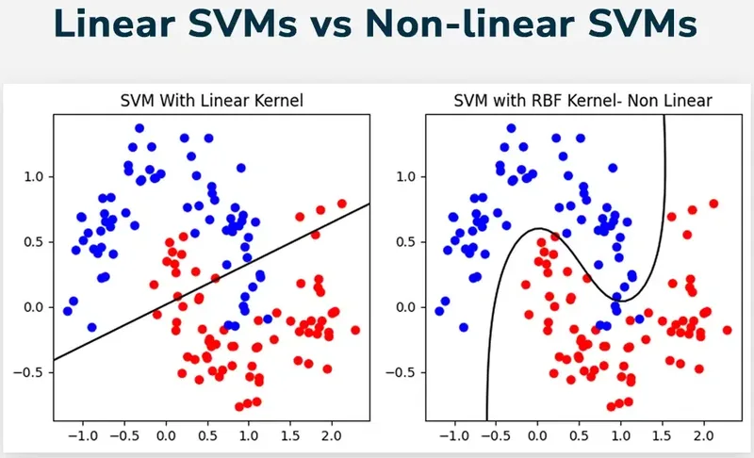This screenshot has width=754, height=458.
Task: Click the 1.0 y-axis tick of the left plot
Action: [34, 176]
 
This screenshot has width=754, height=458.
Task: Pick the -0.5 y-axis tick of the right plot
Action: [403, 371]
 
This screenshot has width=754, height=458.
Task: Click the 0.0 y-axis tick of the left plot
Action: [34, 306]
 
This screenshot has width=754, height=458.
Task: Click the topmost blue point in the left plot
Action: [139, 128]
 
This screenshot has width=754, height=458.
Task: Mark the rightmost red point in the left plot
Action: [355, 330]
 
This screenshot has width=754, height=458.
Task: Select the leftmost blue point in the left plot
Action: [67, 311]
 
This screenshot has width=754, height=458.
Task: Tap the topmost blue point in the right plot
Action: [511, 128]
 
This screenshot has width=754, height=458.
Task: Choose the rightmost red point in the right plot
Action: [727, 330]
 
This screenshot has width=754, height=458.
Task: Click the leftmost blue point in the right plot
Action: [438, 311]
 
